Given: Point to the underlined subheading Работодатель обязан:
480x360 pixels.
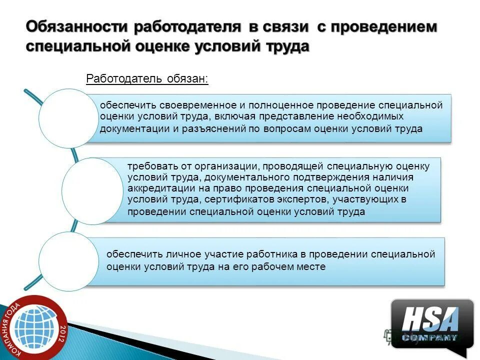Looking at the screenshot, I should (x=147, y=79).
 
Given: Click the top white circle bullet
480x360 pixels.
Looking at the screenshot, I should (x=68, y=119).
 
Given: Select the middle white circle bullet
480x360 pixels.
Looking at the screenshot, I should (x=92, y=191).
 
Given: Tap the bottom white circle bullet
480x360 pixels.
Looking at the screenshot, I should (x=68, y=261).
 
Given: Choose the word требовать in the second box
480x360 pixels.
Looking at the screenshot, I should (x=149, y=166).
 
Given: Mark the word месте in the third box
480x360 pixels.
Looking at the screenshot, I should (x=310, y=267).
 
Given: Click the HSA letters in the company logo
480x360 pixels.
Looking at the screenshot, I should (x=430, y=318).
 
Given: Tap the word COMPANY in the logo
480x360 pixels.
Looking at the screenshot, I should (x=430, y=337).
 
